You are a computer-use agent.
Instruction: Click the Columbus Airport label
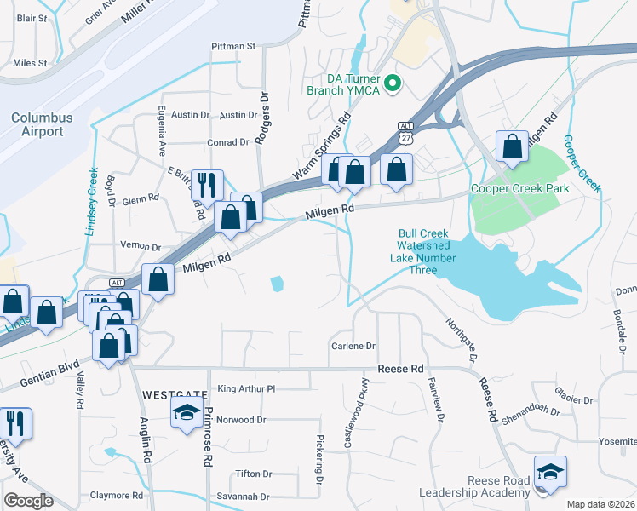(x=42, y=124)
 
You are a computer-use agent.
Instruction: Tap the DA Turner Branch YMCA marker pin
(x=393, y=83)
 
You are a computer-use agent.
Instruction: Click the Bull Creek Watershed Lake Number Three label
(x=422, y=252)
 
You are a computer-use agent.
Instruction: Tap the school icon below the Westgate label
(x=187, y=415)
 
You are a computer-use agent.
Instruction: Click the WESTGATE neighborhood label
(x=174, y=394)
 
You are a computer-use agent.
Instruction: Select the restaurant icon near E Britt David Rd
(x=207, y=183)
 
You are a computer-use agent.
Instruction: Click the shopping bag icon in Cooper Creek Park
(x=512, y=146)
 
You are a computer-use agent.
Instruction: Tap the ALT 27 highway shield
(x=405, y=130)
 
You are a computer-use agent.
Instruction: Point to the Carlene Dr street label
(x=353, y=346)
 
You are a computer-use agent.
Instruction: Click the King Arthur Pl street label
(x=247, y=389)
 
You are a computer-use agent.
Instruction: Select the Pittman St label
(x=234, y=46)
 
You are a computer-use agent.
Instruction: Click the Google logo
(x=28, y=500)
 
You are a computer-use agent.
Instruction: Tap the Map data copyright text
(x=600, y=504)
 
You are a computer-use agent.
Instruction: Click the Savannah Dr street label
(x=241, y=496)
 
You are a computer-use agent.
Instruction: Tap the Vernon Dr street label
(x=141, y=244)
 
